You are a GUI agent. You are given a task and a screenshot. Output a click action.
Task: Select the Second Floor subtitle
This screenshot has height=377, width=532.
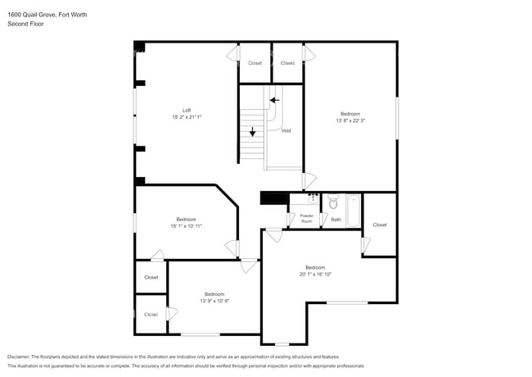coord(25,24)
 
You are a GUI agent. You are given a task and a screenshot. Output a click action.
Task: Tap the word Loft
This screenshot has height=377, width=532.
coord(186,110)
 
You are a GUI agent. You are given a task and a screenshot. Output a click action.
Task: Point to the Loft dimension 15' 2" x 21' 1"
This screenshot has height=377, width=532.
coord(186,117)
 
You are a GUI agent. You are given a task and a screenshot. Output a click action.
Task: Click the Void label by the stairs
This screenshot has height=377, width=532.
coord(286,130)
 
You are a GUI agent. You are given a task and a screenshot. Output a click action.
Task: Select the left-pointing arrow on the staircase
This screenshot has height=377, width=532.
coord(275,100)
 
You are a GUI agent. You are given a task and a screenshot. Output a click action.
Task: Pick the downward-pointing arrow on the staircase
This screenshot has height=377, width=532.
coord(252,130)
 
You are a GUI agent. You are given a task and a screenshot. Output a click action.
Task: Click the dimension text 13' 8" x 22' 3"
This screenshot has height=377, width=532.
coord(350,120)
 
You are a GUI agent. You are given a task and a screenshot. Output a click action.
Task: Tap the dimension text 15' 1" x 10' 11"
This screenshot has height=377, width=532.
coord(186,225)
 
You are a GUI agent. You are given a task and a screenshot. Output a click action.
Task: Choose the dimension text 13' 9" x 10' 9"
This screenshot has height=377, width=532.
coord(214,301)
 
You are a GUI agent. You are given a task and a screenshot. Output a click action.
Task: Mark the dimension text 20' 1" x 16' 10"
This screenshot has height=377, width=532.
coord(315,275)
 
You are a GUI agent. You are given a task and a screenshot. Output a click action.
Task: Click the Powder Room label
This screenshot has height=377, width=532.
coord(306,219)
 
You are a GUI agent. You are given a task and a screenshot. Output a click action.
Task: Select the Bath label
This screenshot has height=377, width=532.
coord(336,219)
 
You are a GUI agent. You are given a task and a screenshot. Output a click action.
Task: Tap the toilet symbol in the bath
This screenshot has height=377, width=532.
coord(333,201)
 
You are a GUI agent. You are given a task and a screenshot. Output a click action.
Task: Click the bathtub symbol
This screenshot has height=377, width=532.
coord(354,211)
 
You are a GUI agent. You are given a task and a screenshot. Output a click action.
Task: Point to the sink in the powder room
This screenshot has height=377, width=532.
coord(313,198)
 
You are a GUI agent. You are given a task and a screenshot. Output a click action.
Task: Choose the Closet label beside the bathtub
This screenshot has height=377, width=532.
coord(380,225)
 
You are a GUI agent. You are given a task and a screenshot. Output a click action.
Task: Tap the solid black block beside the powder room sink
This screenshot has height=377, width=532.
coord(274,198)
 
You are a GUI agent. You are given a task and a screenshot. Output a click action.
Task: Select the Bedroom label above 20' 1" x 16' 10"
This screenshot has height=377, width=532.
coord(315,267)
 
